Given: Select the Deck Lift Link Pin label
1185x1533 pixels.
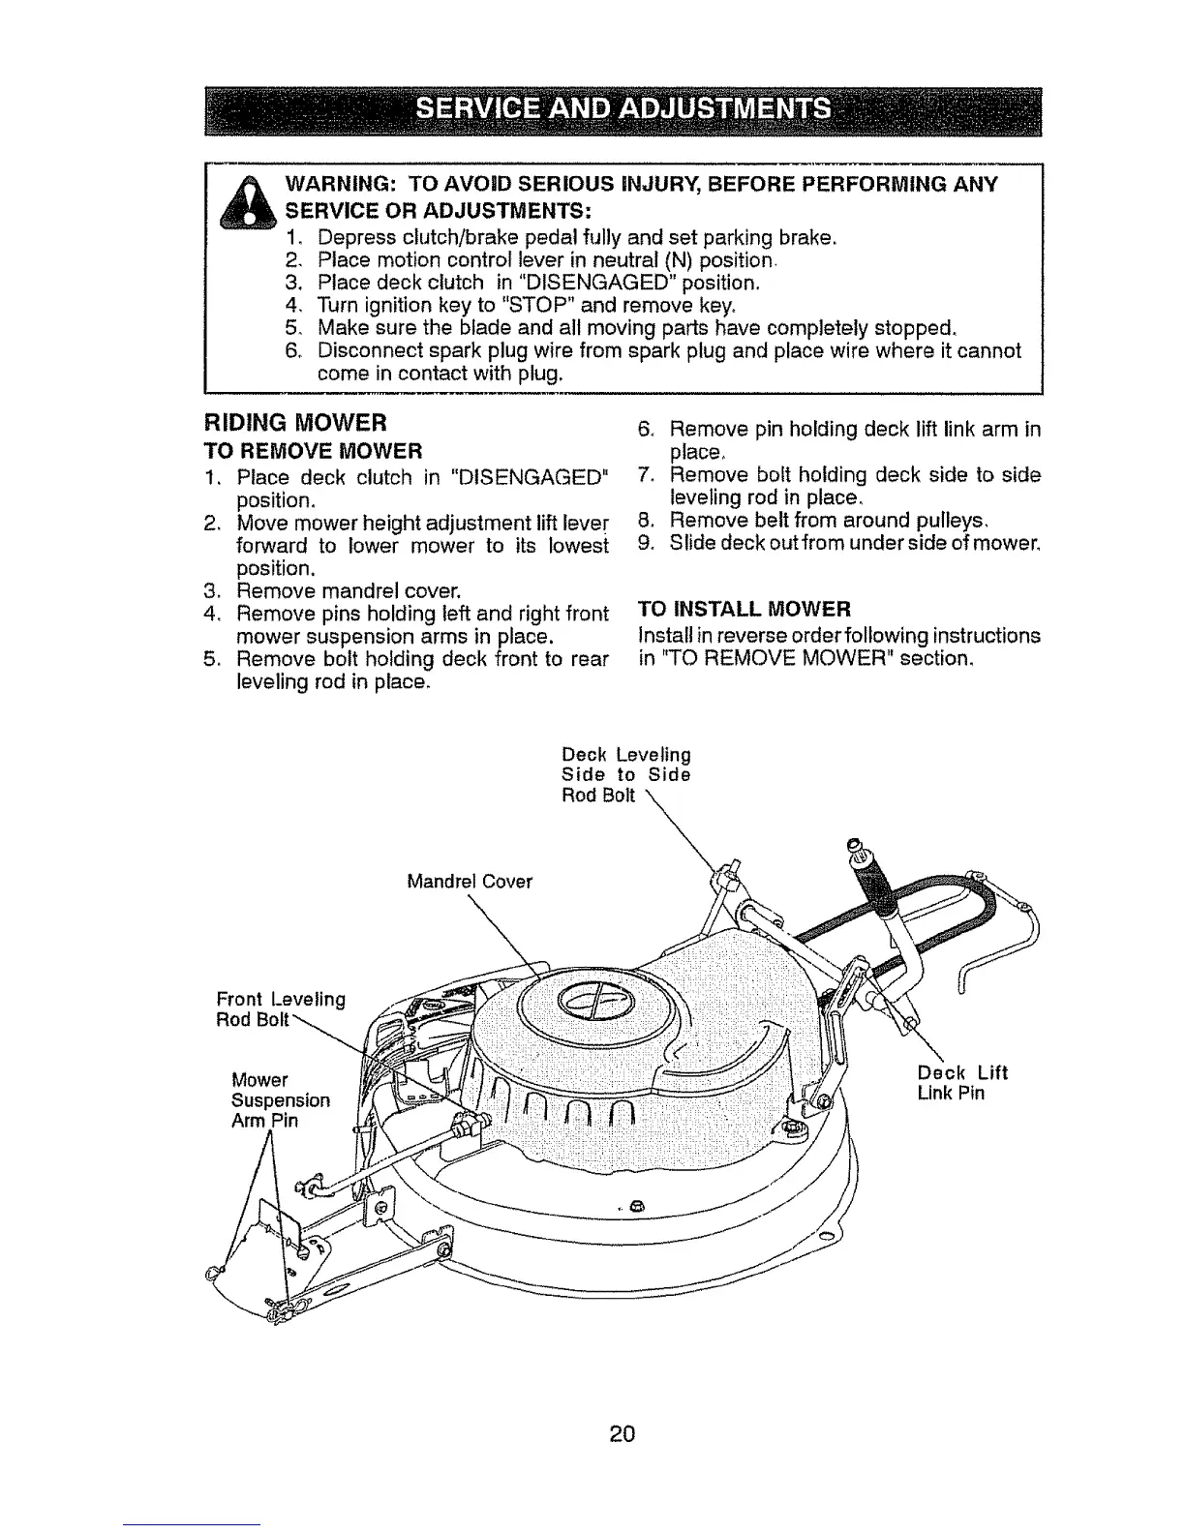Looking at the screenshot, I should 961,1083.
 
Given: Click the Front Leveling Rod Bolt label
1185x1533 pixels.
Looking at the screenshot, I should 281,1009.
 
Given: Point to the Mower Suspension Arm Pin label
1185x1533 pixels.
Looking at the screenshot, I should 281,1100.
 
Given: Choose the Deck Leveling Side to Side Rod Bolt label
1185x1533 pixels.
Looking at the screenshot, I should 625,774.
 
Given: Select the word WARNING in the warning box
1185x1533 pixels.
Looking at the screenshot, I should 338,185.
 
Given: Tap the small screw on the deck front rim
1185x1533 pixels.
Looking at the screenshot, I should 636,1205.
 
